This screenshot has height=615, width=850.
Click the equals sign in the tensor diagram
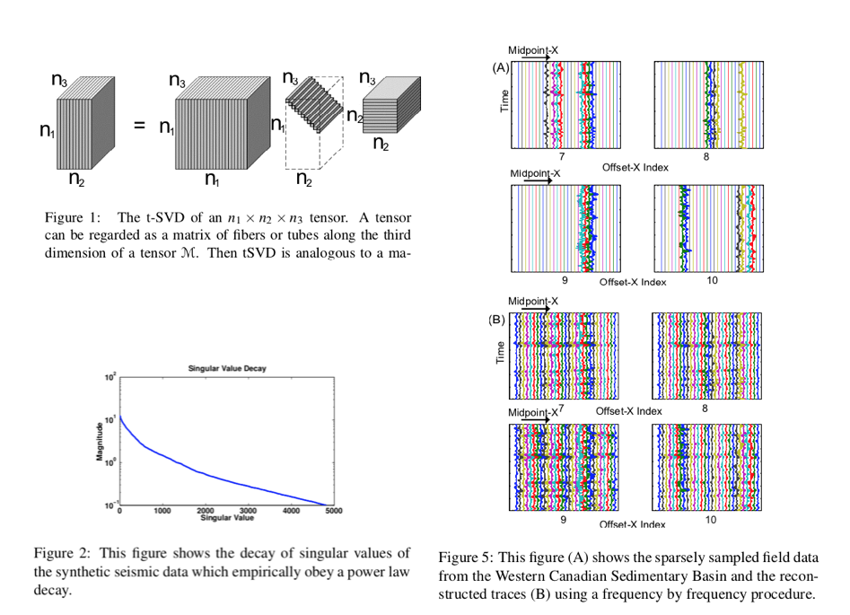(x=139, y=127)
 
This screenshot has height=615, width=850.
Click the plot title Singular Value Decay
(x=221, y=369)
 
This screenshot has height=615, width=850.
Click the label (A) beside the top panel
(x=500, y=67)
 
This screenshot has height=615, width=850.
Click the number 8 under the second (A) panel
(x=706, y=156)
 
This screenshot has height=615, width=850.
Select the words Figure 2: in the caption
(x=61, y=552)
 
